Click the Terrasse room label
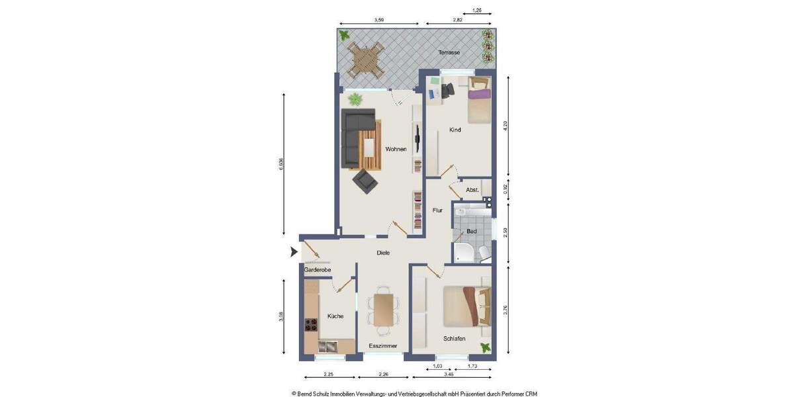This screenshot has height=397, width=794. coord(449,52)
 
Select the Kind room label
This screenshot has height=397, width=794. coord(455,130)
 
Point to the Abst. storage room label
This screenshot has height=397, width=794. coord(472,190)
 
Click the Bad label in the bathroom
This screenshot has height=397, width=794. coord(472,232)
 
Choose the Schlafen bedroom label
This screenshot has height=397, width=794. coord(454,339)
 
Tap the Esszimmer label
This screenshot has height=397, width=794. coord(383,346)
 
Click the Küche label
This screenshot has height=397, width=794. coord(335,316)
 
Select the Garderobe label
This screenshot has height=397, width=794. coord(317,270)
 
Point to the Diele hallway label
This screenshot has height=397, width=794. coord(383,253)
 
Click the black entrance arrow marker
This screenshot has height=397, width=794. coord(294,252)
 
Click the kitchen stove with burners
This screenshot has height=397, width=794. coord(311,324)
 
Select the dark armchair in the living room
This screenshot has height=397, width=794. coord(365,180)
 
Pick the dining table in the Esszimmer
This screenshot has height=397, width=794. coord(383,310)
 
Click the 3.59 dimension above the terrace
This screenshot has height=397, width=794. coord(379,21)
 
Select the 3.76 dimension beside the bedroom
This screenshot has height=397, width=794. coord(506,310)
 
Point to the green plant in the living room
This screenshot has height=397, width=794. coord(356,99)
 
